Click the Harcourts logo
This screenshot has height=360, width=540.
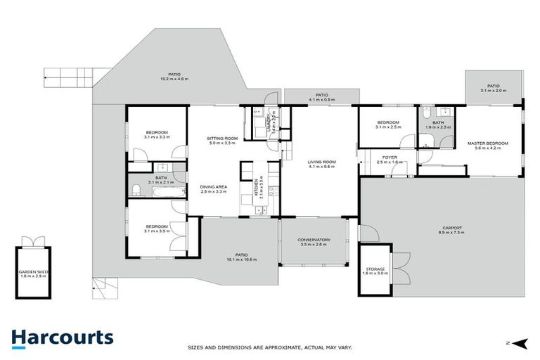click(x=62, y=337)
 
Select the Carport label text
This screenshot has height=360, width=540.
click(x=452, y=228)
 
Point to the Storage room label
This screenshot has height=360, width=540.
click(x=375, y=269)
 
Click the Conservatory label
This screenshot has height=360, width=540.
click(x=314, y=240)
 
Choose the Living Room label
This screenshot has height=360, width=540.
click(x=321, y=162)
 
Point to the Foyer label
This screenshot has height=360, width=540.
click(x=390, y=157)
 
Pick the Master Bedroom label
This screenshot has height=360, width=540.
click(x=487, y=143)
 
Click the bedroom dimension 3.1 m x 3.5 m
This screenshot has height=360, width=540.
click(x=157, y=231)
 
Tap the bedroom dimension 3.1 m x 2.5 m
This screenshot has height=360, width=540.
click(x=387, y=127)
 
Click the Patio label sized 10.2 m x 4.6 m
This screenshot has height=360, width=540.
click(x=174, y=78)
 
